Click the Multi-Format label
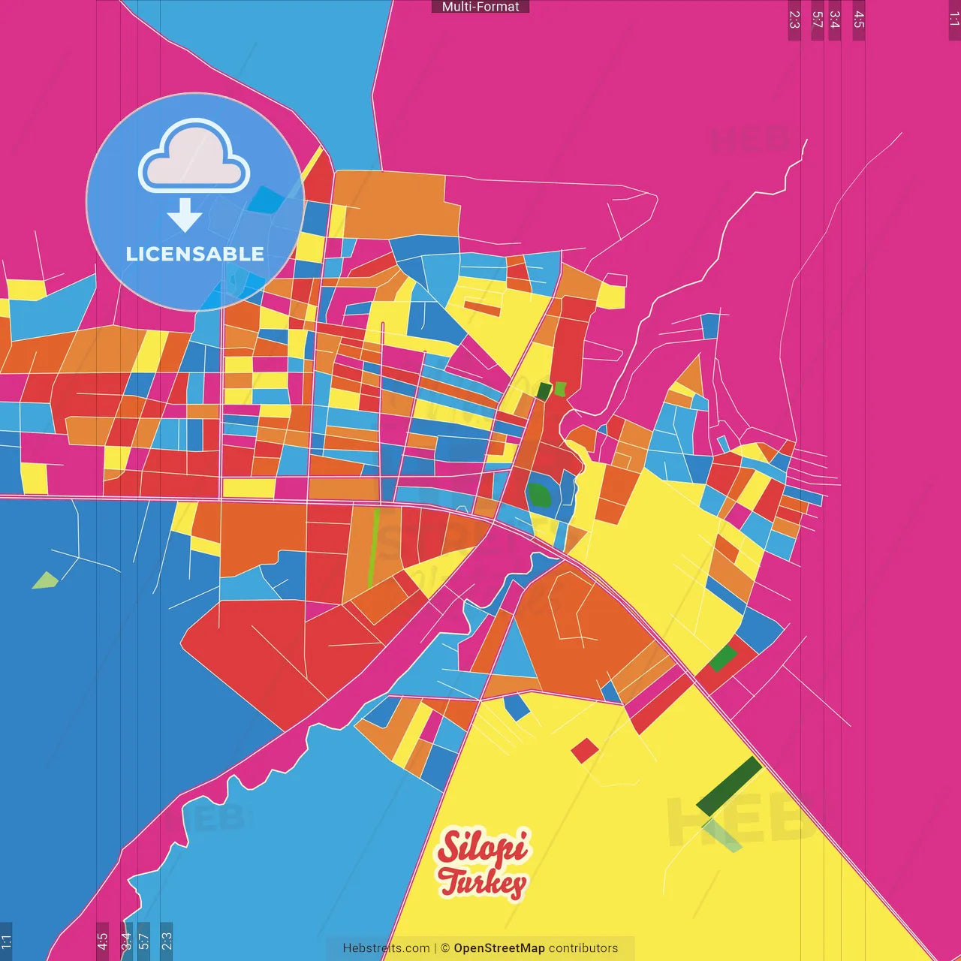[480, 7]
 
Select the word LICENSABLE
[194, 254]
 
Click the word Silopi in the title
[483, 848]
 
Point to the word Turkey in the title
[482, 882]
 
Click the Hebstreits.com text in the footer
[386, 948]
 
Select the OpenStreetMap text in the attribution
[499, 948]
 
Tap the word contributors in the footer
[583, 948]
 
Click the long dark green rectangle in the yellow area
[729, 786]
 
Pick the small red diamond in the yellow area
[585, 750]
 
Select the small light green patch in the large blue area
[45, 580]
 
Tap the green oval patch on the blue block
[538, 496]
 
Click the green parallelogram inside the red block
[723, 658]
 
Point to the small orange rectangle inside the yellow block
[482, 308]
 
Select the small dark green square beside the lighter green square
[544, 391]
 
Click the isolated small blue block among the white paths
[709, 326]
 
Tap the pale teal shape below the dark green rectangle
[722, 836]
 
